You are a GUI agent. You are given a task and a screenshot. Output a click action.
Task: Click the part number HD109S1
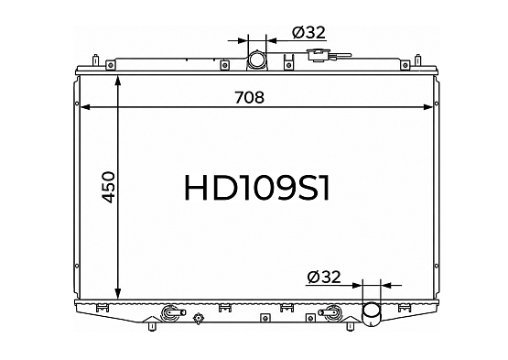click(256, 188)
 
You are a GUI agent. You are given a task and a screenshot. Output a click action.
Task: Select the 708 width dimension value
click(249, 97)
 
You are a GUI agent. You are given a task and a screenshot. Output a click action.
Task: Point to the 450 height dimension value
click(108, 187)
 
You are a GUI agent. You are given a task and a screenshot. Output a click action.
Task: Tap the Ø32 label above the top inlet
click(308, 32)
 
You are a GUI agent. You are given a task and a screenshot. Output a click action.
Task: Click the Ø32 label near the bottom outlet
click(324, 277)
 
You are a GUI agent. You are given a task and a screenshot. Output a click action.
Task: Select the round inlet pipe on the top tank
click(256, 60)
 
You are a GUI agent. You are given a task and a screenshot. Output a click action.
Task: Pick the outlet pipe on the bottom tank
click(372, 313)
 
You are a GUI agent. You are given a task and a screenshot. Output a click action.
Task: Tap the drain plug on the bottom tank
click(198, 318)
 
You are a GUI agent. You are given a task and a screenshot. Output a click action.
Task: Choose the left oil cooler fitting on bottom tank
click(172, 312)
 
